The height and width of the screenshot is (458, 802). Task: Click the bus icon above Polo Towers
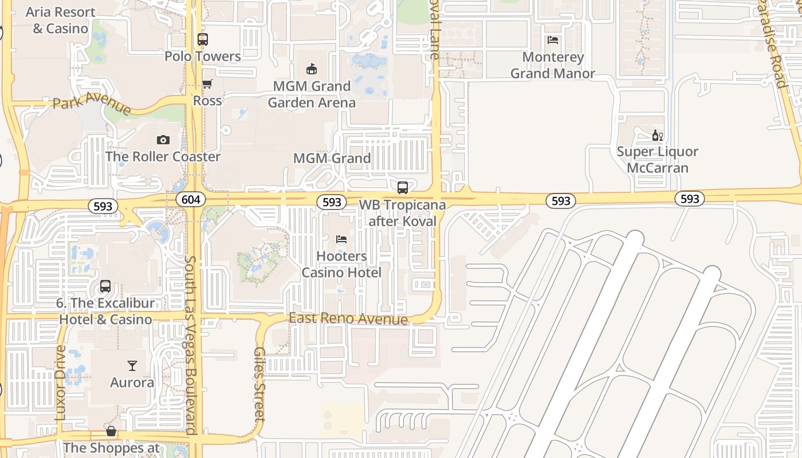tap(203, 40)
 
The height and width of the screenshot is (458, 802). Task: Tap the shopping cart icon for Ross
tap(207, 84)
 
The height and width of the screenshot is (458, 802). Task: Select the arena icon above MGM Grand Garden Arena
tap(312, 69)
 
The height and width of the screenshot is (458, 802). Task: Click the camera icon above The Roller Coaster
tap(163, 140)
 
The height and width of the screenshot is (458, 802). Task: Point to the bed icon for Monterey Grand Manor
tap(553, 40)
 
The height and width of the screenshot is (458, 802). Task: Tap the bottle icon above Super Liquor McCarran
tap(657, 136)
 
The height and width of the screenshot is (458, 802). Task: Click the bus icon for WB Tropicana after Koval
tap(403, 187)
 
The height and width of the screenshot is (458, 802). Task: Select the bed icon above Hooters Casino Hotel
tap(341, 239)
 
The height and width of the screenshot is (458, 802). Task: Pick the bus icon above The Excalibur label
tap(105, 286)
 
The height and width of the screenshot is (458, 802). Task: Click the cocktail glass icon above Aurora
tap(132, 365)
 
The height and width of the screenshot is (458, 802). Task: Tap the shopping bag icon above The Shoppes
tap(111, 431)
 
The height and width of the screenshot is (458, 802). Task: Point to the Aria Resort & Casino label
tap(61, 20)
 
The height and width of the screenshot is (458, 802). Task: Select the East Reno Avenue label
tap(348, 318)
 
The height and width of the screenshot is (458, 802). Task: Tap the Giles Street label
tap(260, 384)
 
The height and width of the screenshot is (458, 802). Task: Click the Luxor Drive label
tap(61, 382)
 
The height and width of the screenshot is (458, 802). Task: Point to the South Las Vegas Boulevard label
tap(191, 343)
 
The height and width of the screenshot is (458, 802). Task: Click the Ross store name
tap(207, 101)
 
